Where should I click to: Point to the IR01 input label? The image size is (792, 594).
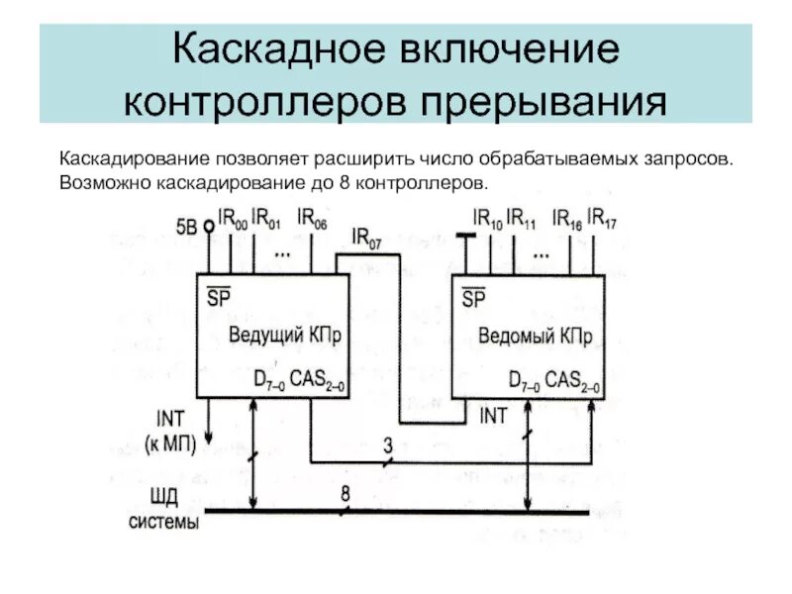point(266,218)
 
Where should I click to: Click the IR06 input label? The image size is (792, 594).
point(312,218)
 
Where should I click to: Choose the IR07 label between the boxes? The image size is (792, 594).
point(367,239)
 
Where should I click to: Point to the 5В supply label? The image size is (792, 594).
point(186,226)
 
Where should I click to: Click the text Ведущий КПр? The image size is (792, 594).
point(285,335)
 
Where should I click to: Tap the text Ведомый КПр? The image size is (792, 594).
point(537,336)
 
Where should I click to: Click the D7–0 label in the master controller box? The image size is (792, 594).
point(269,380)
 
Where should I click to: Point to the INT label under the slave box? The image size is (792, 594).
point(492,416)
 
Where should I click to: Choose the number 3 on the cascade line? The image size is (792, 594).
point(388,445)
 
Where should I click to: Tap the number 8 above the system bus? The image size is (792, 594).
point(346,493)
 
